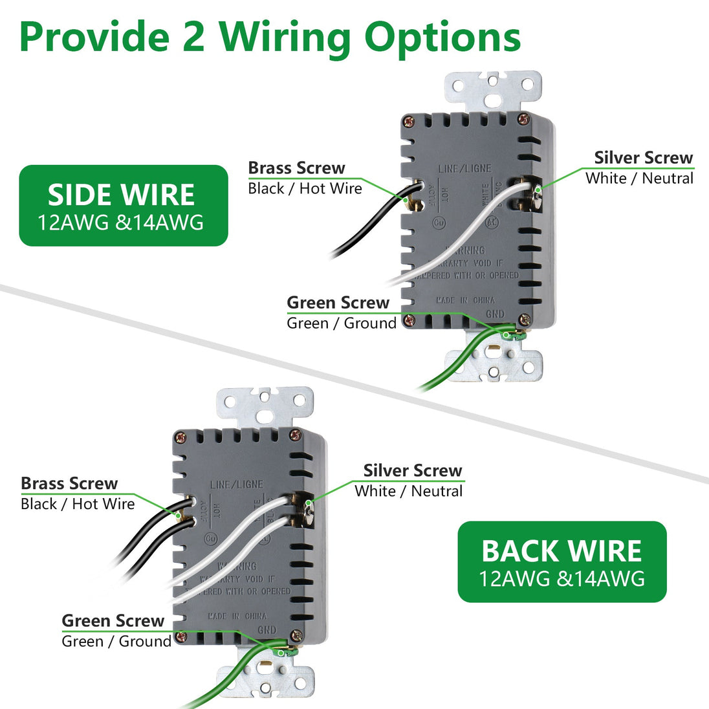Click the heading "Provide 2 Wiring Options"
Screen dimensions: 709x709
[x=270, y=38]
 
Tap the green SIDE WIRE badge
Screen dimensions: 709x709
[x=123, y=206]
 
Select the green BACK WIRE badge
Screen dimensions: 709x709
[x=562, y=562]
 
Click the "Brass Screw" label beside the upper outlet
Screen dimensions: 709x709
[x=296, y=168]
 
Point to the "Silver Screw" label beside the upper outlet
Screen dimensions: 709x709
[x=643, y=158]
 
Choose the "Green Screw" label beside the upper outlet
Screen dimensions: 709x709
[x=338, y=303]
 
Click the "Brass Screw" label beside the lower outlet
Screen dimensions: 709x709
[x=69, y=484]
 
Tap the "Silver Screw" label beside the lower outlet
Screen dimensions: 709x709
[x=413, y=471]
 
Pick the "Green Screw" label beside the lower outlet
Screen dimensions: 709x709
[x=113, y=621]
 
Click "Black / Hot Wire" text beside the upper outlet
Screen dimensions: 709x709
[x=305, y=189]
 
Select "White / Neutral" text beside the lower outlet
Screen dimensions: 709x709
[x=409, y=491]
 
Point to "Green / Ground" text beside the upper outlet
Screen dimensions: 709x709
[x=342, y=323]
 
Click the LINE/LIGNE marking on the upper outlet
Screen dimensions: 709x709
[x=464, y=169]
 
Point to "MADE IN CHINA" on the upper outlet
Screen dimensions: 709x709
[x=465, y=301]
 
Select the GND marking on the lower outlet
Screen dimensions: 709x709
[x=267, y=629]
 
